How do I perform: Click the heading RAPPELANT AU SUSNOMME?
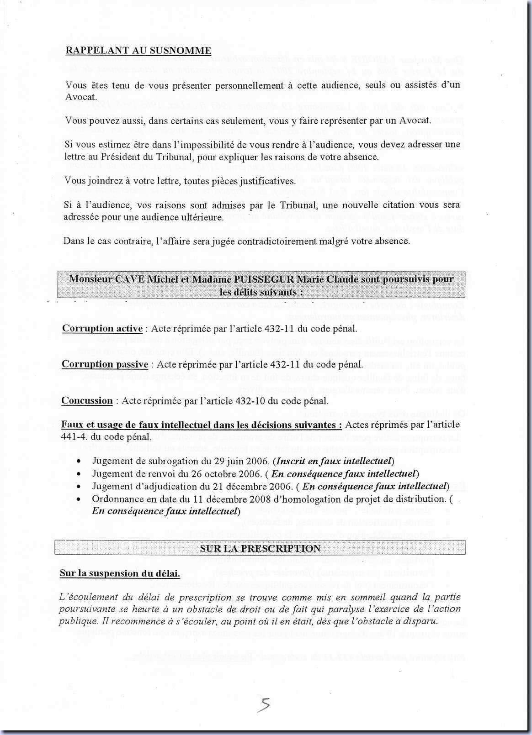click(x=138, y=51)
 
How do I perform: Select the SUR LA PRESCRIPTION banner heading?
click(x=260, y=548)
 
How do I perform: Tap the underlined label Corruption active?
click(x=102, y=329)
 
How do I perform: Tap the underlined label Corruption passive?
click(x=105, y=364)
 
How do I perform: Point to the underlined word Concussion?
click(x=87, y=401)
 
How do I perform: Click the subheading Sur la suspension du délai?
click(x=119, y=573)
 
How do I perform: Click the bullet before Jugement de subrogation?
click(x=80, y=462)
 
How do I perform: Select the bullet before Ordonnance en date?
click(x=80, y=499)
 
